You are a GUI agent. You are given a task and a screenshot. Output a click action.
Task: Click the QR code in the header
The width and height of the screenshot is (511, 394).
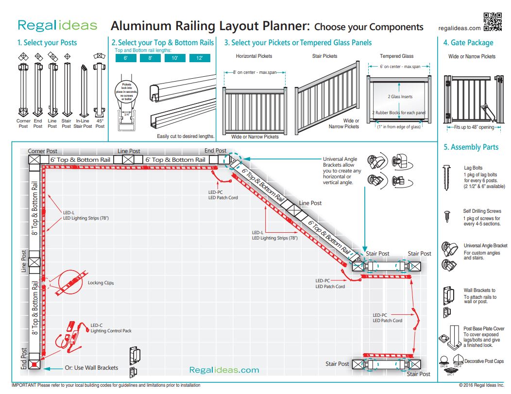click(x=493, y=21)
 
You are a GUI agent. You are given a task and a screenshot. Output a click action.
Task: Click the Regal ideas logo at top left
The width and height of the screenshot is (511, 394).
click(x=57, y=25)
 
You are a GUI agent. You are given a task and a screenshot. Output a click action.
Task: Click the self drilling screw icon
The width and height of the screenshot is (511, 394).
click(x=447, y=216)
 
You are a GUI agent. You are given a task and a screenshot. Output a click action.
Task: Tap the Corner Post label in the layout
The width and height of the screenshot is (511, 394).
click(x=43, y=151)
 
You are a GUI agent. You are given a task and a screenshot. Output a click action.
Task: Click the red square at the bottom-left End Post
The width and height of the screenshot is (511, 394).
click(x=34, y=364)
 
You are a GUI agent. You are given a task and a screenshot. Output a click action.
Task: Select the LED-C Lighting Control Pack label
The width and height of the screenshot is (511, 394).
click(x=111, y=328)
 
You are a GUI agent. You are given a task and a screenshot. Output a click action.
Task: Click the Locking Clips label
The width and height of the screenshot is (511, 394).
click(x=101, y=283)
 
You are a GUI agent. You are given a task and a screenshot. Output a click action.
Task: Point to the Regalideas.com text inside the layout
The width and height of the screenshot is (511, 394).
click(x=224, y=370)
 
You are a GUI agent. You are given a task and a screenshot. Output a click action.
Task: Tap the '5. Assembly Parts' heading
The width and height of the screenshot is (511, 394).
click(x=471, y=147)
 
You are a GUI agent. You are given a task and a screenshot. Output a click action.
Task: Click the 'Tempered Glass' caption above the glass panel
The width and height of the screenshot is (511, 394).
click(x=397, y=56)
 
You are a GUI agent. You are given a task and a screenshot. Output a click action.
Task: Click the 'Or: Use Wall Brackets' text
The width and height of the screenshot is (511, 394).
click(x=91, y=368)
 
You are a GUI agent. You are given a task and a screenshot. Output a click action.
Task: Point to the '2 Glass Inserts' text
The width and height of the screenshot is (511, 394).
click(x=400, y=97)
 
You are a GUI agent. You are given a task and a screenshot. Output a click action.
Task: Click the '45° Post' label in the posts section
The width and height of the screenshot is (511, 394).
click(x=100, y=123)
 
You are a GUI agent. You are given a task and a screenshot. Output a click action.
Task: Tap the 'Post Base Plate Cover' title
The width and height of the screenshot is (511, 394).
click(x=484, y=329)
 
